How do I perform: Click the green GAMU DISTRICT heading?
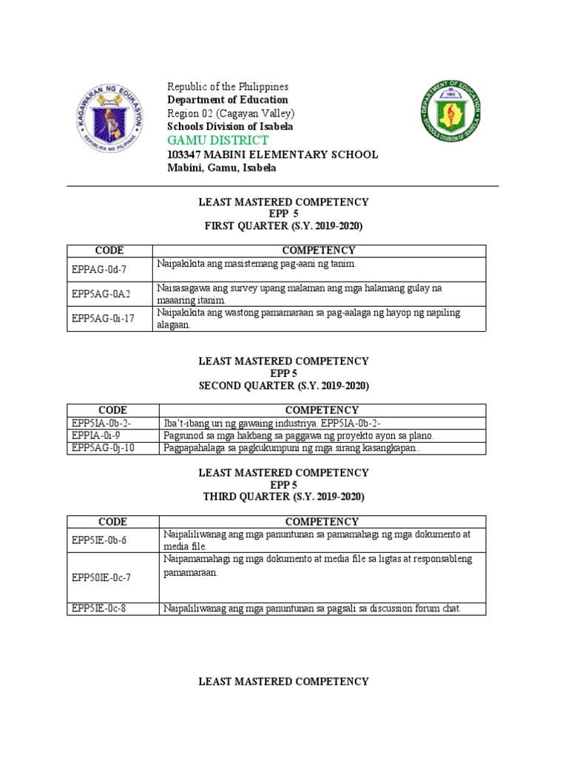tap(217, 140)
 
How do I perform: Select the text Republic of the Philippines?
tap(227, 87)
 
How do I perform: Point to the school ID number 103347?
tap(187, 155)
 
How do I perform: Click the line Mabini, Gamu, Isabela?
tap(222, 168)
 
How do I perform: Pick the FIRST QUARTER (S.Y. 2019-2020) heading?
tap(283, 225)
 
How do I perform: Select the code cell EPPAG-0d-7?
tap(100, 270)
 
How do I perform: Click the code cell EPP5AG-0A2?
tap(101, 294)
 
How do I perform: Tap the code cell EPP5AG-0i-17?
tap(104, 319)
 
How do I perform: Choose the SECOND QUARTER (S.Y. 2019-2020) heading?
tap(283, 386)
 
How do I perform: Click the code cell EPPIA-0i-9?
tap(97, 435)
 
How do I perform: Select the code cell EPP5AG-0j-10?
tap(103, 448)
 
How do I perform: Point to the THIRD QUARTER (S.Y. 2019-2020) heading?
tap(283, 497)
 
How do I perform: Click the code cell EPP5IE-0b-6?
tap(100, 540)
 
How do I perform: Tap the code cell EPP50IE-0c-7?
tap(102, 577)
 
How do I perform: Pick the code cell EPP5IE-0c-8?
tap(100, 608)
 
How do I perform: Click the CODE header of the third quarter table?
tap(112, 521)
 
